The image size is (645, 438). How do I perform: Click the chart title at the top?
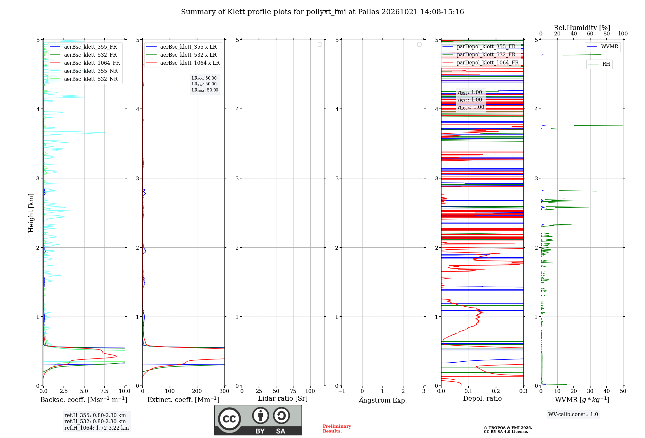pyautogui.click(x=322, y=12)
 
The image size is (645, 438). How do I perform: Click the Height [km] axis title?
pyautogui.click(x=31, y=213)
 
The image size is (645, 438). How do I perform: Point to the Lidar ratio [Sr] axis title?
pyautogui.click(x=283, y=399)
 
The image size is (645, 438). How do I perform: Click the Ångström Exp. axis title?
pyautogui.click(x=383, y=400)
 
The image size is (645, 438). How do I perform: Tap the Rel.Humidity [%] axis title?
pyautogui.click(x=582, y=28)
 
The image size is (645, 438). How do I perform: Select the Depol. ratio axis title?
pyautogui.click(x=482, y=398)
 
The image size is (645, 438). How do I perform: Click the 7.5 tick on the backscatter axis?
pyautogui.click(x=104, y=391)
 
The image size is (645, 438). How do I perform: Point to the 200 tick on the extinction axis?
pyautogui.click(x=197, y=391)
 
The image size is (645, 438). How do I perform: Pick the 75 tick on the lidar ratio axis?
pyautogui.click(x=293, y=391)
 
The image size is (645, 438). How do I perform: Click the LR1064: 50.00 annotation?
pyautogui.click(x=205, y=90)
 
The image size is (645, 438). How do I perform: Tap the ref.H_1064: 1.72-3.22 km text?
pyautogui.click(x=96, y=428)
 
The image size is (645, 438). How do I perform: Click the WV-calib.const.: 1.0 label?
pyautogui.click(x=573, y=414)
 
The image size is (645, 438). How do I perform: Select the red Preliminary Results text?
pyautogui.click(x=337, y=429)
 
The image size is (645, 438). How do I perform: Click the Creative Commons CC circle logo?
pyautogui.click(x=229, y=419)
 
